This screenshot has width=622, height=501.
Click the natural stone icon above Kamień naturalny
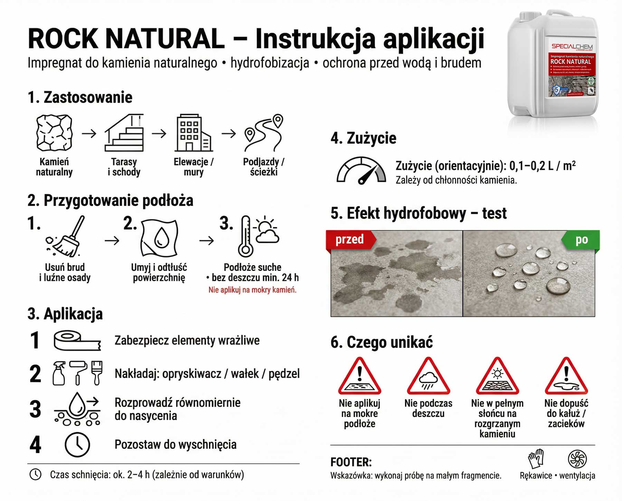(x=54, y=133)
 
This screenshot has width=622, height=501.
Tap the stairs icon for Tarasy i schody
(x=124, y=133)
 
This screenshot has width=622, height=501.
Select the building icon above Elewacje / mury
(x=193, y=133)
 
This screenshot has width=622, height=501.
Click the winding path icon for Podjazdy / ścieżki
(x=264, y=133)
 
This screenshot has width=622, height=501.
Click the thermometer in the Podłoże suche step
(x=246, y=237)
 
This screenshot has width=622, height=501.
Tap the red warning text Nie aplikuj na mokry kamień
(x=252, y=290)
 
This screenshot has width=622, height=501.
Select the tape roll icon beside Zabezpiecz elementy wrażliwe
(x=77, y=341)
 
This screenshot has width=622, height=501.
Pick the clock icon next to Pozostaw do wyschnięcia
(x=77, y=444)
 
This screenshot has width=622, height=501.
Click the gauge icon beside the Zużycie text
(x=361, y=171)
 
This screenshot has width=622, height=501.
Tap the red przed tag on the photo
(x=350, y=239)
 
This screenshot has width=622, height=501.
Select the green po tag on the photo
(x=581, y=240)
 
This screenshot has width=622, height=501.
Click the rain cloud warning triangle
(x=428, y=377)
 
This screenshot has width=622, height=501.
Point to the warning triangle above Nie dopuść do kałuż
(x=566, y=377)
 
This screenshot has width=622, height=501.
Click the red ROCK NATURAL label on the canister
(x=571, y=62)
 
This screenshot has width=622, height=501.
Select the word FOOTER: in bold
(x=351, y=462)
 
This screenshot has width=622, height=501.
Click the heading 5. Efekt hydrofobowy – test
(x=418, y=213)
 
